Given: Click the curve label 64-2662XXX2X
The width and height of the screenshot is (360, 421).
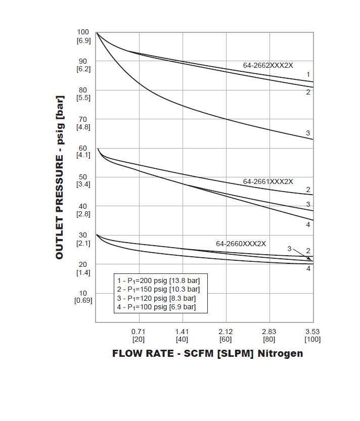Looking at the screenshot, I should point(268,65).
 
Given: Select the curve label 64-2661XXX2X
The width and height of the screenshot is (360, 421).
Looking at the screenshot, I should point(268,181).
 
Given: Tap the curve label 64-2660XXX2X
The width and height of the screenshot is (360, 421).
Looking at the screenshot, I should point(241,244).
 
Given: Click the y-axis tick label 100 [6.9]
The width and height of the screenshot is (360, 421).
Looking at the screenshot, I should point(83,36).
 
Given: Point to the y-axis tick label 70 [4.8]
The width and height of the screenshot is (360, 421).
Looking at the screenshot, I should point(83,123).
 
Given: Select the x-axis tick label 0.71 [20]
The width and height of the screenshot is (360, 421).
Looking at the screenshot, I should point(139,335).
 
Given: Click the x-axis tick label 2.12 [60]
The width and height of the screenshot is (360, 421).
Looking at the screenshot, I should point(226,335).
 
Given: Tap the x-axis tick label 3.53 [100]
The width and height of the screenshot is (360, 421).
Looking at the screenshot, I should point(312,335).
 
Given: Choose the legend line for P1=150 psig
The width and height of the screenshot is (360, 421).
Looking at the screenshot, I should point(158,290).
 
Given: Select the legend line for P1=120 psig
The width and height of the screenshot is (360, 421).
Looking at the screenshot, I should point(156,298).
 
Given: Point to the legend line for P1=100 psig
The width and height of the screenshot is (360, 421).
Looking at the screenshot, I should point(156,307).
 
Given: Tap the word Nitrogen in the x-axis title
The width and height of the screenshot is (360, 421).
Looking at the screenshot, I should point(281,353).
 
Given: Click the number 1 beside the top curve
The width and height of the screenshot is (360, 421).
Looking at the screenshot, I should point(308,75).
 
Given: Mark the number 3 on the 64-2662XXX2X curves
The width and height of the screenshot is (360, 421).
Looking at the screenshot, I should point(308,133).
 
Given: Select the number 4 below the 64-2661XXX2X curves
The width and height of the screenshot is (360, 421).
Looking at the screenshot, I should point(308,224).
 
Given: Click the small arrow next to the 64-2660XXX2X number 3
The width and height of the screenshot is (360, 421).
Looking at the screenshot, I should point(302,254).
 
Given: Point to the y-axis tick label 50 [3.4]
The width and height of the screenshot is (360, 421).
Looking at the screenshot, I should point(83,181).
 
